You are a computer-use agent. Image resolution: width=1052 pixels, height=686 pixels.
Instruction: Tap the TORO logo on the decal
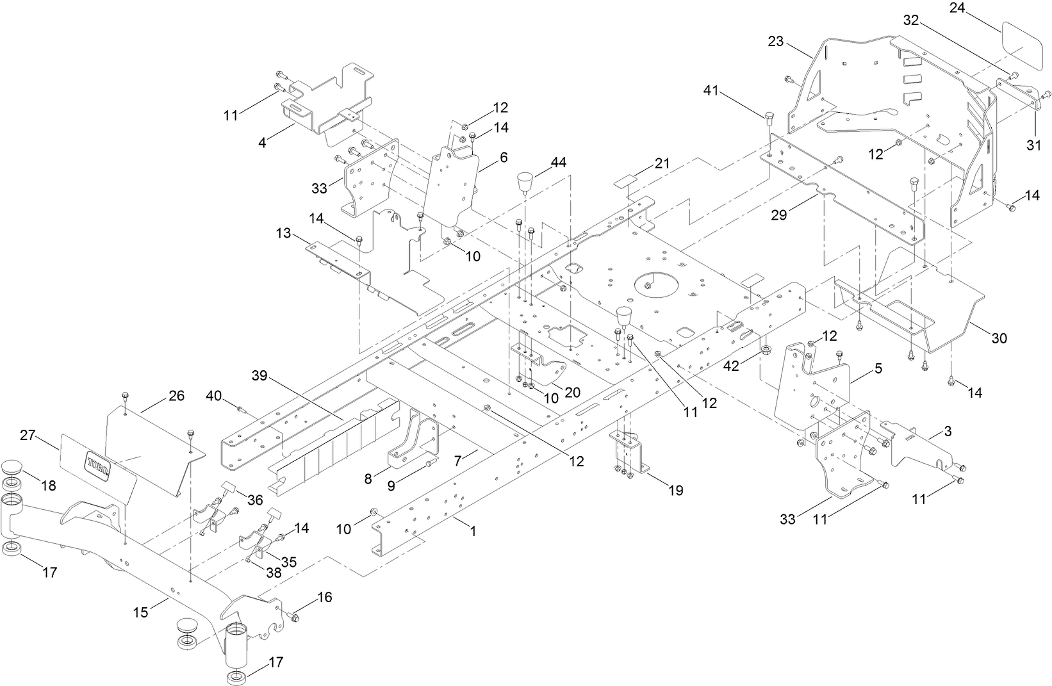(x=98, y=463)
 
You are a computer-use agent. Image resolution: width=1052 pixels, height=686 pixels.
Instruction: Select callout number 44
(x=558, y=163)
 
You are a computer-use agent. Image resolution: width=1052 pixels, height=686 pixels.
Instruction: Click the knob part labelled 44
(x=525, y=184)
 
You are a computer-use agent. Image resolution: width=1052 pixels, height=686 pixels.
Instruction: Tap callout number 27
(x=28, y=436)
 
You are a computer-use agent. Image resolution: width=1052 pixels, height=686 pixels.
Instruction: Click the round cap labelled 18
(x=12, y=467)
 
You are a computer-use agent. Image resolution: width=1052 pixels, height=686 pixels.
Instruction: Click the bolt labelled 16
(x=294, y=617)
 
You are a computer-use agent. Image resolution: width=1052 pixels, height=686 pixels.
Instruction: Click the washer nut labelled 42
(x=765, y=350)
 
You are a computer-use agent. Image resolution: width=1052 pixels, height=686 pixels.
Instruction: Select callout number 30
(x=999, y=338)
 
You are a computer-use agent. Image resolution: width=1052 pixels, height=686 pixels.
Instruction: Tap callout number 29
(x=778, y=215)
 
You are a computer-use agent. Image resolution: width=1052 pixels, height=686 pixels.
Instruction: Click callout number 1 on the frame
(x=473, y=531)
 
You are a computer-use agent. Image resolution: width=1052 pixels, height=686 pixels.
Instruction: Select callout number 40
(x=213, y=397)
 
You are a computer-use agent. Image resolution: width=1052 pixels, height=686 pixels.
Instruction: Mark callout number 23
(x=776, y=42)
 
